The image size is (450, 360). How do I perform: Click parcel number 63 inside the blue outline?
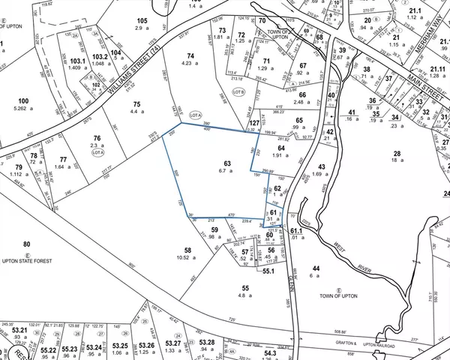[226, 163]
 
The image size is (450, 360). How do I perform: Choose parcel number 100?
[23, 100]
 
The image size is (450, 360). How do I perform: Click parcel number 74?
[190, 56]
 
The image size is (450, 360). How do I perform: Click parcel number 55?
[244, 287]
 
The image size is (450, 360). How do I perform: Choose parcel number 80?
[26, 244]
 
